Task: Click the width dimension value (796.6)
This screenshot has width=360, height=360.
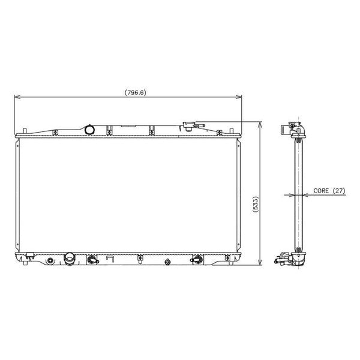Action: coord(135,92)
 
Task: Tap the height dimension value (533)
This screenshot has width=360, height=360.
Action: coord(256,204)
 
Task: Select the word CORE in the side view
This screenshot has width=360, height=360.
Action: coord(321,191)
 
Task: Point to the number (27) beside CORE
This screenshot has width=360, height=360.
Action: coord(339,191)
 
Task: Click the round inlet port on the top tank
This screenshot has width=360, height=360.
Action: coord(89,130)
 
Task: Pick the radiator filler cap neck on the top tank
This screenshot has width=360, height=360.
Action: coord(189,127)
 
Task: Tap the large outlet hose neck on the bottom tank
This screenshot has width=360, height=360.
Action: coord(69,259)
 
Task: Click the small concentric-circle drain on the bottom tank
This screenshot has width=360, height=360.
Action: coord(50,260)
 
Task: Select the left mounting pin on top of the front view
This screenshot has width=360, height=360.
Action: coord(25,131)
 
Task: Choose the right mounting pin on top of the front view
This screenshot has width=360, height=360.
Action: coord(232,131)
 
